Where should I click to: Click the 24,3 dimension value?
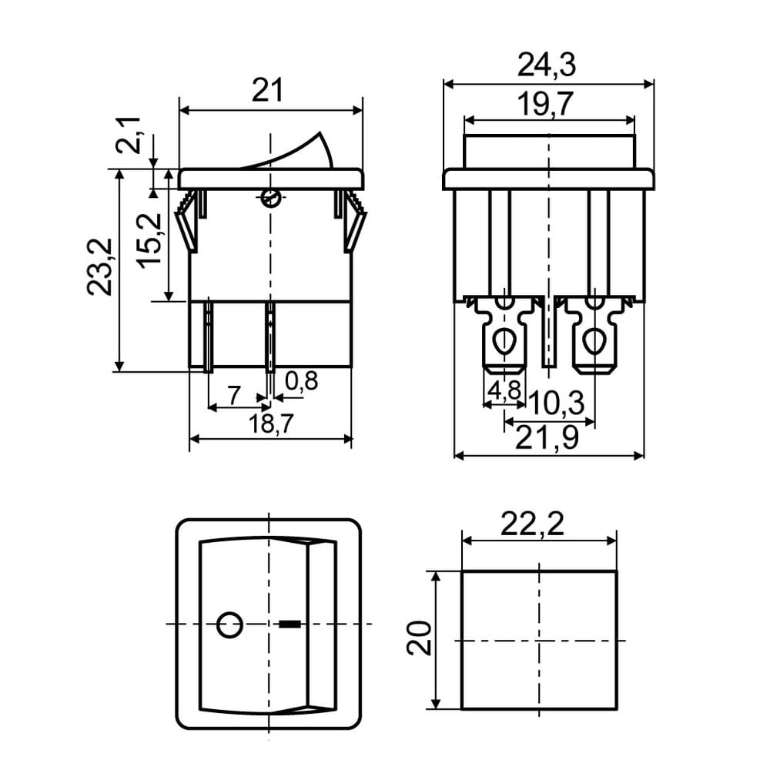546,65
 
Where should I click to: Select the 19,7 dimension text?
545,104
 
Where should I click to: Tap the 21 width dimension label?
268,91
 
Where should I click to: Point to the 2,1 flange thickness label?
128,136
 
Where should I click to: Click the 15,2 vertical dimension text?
149,240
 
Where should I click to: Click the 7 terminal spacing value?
235,395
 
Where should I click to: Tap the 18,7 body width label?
270,423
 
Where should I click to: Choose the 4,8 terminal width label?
504,390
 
